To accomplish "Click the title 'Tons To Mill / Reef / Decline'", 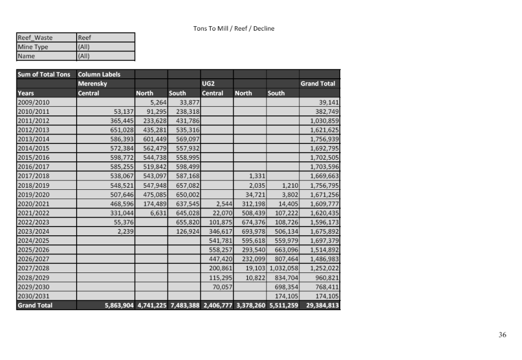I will pyautogui.click(x=234, y=28).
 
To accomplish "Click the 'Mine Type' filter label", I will pyautogui.click(x=33, y=47).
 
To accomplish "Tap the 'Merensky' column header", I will pyautogui.click(x=92, y=84).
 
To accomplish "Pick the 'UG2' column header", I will pyautogui.click(x=209, y=84).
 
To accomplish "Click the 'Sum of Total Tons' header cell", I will pyautogui.click(x=44, y=74).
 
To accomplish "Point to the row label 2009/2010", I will pyautogui.click(x=33, y=102).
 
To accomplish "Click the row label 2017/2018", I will pyautogui.click(x=33, y=176).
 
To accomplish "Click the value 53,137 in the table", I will pyautogui.click(x=121, y=111).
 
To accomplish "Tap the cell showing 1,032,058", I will pyautogui.click(x=283, y=268).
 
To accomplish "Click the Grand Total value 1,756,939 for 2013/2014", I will pyautogui.click(x=324, y=139).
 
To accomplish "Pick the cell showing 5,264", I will pyautogui.click(x=158, y=102).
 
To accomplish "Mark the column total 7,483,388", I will pyautogui.click(x=184, y=305).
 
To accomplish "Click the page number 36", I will pyautogui.click(x=502, y=335).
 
